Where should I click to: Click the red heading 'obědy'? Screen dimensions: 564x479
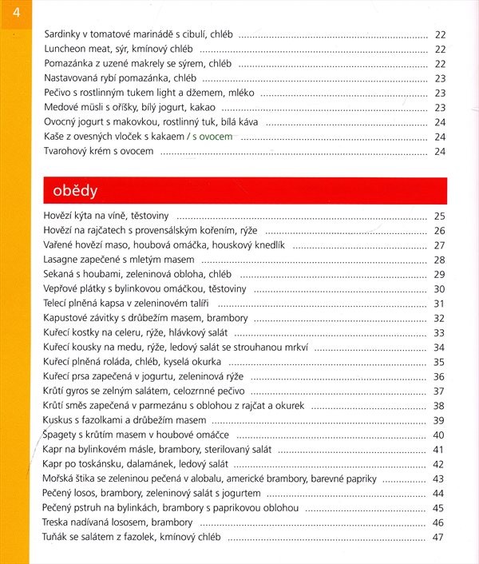pos(75,191)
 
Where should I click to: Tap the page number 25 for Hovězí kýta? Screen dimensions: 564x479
pos(438,216)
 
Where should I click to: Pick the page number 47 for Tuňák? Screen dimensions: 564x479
pos(438,537)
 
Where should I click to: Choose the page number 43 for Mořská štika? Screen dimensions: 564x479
pos(438,479)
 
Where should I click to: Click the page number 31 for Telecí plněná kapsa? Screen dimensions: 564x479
pos(438,304)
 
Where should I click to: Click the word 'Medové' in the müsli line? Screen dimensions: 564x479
pos(61,107)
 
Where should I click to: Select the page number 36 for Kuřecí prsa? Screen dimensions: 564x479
pos(438,376)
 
